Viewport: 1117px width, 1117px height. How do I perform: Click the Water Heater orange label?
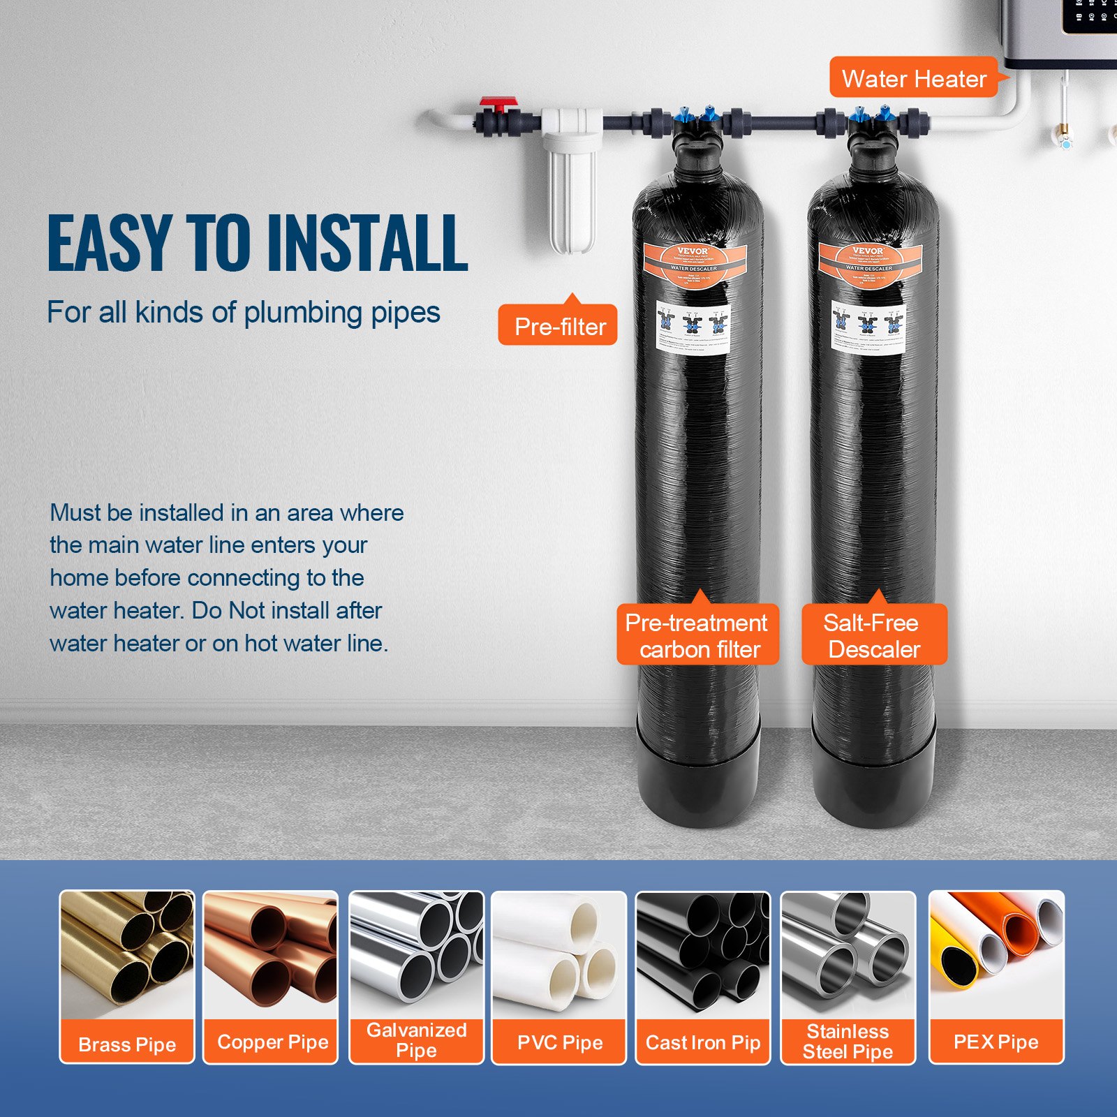pyautogui.click(x=913, y=78)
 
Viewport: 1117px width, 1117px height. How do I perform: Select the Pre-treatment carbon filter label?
pyautogui.click(x=698, y=635)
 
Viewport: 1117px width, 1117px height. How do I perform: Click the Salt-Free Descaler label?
pyautogui.click(x=874, y=635)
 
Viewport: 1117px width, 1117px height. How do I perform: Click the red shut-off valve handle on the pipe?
pyautogui.click(x=497, y=103)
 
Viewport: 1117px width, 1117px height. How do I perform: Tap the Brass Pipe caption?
pyautogui.click(x=127, y=1044)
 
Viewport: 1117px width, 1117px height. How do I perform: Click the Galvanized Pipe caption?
pyautogui.click(x=416, y=1040)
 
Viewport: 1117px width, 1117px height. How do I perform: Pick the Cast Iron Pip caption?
pyautogui.click(x=702, y=1042)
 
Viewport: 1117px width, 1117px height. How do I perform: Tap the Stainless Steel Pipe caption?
pyautogui.click(x=848, y=1041)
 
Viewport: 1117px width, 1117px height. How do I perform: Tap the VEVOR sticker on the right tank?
pyautogui.click(x=870, y=265)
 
